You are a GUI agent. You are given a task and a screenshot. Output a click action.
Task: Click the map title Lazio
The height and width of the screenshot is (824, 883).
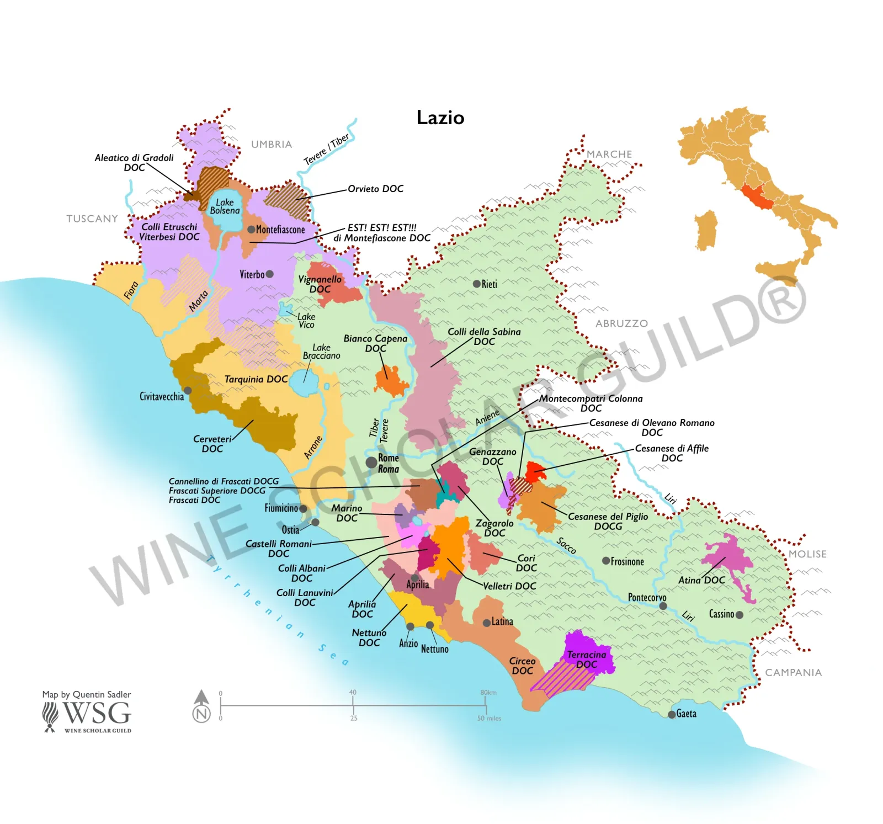[x=440, y=118]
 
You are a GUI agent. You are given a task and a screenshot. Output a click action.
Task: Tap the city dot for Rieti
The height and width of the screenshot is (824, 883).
[x=476, y=284]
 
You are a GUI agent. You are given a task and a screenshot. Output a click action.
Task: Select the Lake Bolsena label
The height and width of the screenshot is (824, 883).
[x=225, y=206]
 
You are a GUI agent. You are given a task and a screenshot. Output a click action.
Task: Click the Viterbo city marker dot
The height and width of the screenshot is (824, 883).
[x=270, y=274]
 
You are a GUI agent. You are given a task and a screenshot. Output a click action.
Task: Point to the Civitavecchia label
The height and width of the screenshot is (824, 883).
[x=161, y=396]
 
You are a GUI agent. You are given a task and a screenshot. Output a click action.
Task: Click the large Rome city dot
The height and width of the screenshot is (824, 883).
[x=371, y=462]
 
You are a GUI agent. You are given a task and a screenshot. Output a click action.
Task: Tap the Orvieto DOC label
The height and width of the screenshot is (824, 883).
[x=375, y=189]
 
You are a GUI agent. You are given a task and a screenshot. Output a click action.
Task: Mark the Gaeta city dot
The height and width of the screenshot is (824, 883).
[x=671, y=715]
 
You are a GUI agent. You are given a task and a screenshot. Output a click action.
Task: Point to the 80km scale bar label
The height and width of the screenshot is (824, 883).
[x=488, y=693]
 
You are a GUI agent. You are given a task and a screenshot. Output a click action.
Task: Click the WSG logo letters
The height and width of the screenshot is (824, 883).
[x=97, y=713]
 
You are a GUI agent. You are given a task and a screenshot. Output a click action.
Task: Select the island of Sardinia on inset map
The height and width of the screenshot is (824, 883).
[x=706, y=230]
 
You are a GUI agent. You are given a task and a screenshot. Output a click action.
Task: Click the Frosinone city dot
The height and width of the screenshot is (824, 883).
[x=605, y=561]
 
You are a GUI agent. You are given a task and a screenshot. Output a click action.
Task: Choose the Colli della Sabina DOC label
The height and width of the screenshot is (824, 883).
[x=483, y=336]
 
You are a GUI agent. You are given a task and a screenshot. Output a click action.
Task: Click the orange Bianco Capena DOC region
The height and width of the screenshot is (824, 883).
[x=390, y=381]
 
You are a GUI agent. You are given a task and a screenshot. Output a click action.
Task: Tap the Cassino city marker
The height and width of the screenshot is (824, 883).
[x=740, y=614]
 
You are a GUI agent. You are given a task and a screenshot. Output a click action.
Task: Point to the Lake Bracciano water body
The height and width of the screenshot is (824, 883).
[x=304, y=381]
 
